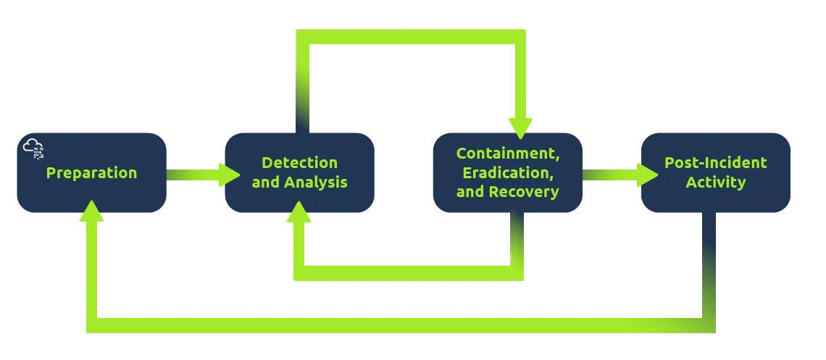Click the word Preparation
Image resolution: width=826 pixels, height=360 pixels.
[91, 173]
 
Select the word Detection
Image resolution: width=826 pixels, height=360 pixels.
[299, 162]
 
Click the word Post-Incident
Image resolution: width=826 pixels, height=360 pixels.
[715, 162]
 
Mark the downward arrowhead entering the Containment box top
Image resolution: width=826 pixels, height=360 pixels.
[520, 127]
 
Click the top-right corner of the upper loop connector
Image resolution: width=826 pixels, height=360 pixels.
[520, 38]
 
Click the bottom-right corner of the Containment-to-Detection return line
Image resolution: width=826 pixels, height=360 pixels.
[517, 271]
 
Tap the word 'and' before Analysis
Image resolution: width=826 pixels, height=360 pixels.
[265, 182]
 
